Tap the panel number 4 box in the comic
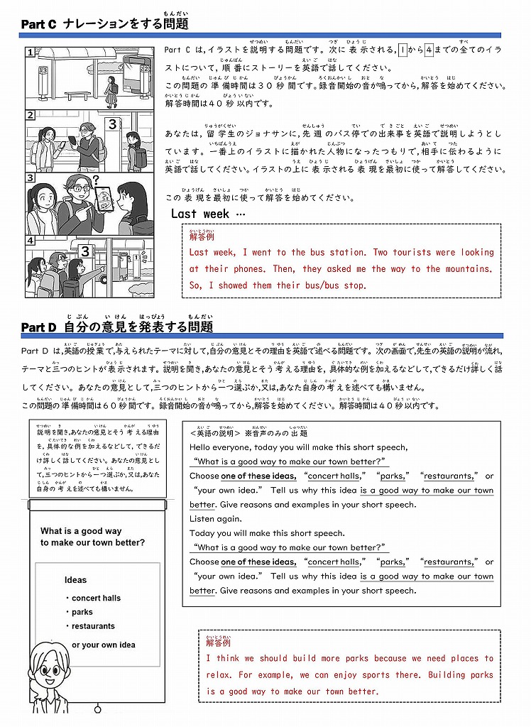click(31, 240)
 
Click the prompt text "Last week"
click(200, 214)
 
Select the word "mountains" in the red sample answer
click(468, 269)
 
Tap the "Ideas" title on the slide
click(75, 580)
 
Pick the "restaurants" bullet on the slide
click(93, 626)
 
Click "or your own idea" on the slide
click(104, 645)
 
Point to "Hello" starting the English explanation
click(202, 447)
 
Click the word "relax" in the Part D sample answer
click(219, 675)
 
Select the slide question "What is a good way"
click(81, 531)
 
